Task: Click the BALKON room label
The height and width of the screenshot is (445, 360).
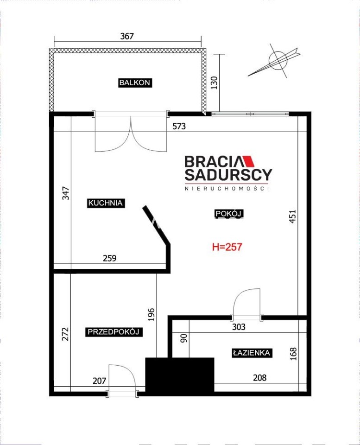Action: (134, 83)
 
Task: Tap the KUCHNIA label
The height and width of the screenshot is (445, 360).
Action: (106, 203)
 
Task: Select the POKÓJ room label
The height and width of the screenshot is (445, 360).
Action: (229, 213)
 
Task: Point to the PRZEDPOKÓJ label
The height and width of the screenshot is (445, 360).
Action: (114, 332)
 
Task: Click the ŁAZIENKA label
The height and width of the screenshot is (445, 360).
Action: (251, 353)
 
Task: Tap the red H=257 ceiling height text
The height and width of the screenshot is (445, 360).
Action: (227, 247)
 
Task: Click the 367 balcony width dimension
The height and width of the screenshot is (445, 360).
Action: (127, 36)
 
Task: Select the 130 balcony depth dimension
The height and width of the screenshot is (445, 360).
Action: (214, 83)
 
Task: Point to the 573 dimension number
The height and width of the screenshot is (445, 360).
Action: (179, 126)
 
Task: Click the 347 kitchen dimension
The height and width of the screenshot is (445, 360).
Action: (65, 193)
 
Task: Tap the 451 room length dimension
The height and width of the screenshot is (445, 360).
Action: (292, 216)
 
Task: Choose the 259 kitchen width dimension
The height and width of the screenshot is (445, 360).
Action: (109, 258)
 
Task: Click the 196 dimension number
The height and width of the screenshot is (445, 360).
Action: (152, 314)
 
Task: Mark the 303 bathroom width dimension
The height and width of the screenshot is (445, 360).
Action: (239, 327)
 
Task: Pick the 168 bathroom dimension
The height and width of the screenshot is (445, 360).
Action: (293, 354)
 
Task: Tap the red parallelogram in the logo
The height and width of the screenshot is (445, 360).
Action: (249, 161)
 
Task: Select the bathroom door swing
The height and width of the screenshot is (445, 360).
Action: (246, 304)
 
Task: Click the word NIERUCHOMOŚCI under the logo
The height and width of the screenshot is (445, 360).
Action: (227, 189)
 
